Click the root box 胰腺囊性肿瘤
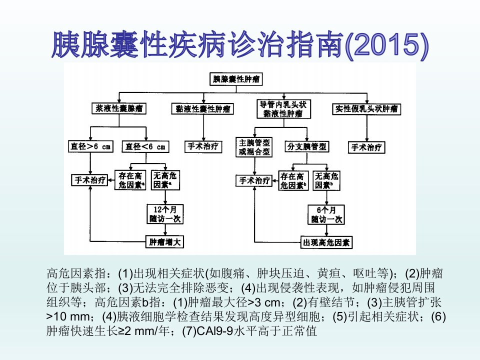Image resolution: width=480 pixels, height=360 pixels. tap(236, 79)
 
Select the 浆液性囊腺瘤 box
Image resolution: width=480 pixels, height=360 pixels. tap(119, 108)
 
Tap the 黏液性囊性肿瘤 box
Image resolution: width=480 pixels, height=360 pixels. tap(202, 109)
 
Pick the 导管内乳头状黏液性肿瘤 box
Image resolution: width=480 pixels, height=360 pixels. tap(284, 109)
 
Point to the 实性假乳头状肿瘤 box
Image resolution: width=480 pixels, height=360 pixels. tap(366, 109)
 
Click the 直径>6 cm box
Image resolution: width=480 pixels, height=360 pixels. tap(90, 146)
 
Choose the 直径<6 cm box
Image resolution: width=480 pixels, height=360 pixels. tap(145, 146)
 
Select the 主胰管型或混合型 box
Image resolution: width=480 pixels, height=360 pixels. tap(254, 147)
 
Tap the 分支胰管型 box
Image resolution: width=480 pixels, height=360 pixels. tap(306, 146)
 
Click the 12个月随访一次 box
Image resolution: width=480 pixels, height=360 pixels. tap(165, 214)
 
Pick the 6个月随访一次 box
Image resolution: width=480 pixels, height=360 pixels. tap(326, 214)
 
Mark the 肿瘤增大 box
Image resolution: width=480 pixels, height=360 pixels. tap(165, 242)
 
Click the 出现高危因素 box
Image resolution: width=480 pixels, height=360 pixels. tap(326, 243)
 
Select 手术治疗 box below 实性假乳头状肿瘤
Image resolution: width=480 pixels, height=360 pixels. tap(366, 147)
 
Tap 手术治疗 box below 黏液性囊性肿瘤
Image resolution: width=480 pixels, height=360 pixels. tap(203, 146)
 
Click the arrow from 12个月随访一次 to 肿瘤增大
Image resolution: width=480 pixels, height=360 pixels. tap(165, 230)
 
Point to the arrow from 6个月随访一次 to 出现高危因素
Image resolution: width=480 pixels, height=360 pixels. tap(326, 230)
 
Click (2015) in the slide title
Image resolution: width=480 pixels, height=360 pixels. tap(386, 45)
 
